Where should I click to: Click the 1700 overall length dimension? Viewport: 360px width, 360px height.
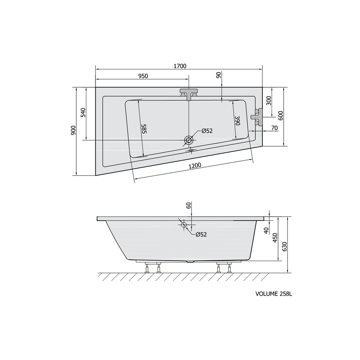[180, 66]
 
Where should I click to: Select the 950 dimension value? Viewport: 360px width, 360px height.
[143, 76]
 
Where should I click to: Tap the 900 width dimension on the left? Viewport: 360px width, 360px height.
[73, 131]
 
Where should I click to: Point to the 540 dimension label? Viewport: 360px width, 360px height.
[83, 112]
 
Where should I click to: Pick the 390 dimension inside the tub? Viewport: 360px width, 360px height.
[237, 121]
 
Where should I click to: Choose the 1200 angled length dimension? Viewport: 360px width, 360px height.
[195, 166]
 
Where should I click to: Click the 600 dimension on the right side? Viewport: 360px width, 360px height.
[281, 115]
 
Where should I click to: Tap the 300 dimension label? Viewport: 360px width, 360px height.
[268, 101]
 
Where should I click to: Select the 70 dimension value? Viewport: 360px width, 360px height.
[275, 128]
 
